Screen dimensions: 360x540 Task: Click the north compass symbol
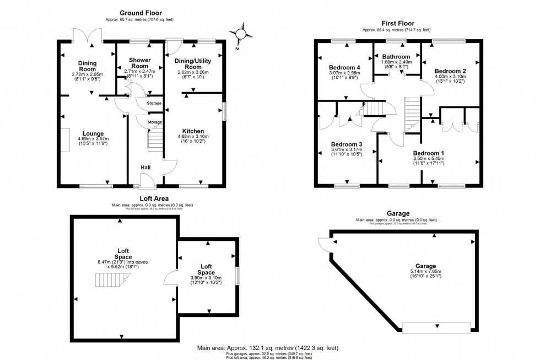coord(240,34)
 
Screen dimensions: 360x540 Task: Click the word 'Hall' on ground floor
coord(146,168)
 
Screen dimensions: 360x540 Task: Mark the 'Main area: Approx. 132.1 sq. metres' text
coord(268,348)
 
